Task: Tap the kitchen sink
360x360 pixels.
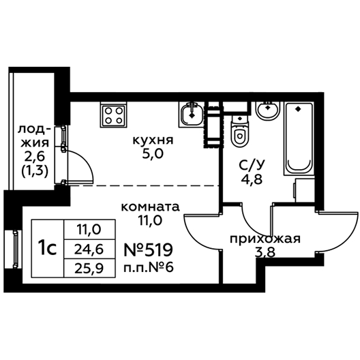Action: click(192, 115)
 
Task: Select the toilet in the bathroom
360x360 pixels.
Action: click(240, 131)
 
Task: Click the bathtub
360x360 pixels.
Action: click(299, 139)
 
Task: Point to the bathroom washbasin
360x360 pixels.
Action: click(268, 110)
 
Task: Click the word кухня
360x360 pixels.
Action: click(153, 140)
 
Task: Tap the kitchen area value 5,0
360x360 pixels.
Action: click(153, 154)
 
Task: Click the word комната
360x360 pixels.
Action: click(150, 207)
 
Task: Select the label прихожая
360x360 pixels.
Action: click(265, 240)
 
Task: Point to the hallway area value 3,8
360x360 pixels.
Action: click(265, 253)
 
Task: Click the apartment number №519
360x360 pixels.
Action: click(149, 250)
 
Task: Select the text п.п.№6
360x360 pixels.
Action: click(149, 267)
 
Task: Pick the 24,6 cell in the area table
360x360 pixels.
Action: click(89, 250)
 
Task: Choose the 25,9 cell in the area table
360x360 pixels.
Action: click(89, 268)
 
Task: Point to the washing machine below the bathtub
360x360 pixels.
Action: click(305, 190)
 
